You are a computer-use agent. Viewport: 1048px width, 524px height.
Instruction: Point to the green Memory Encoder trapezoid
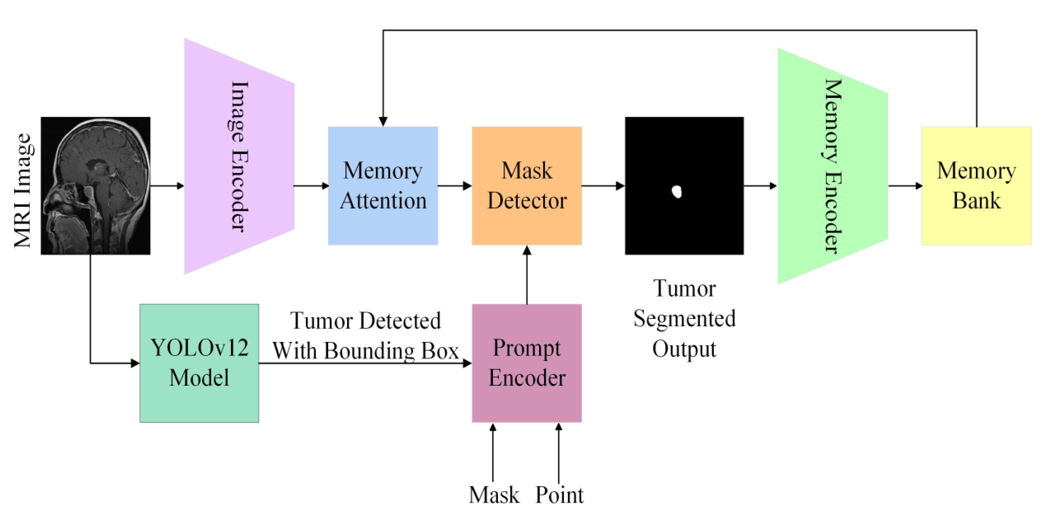click(832, 166)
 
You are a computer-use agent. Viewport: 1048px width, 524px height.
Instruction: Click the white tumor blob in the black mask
click(677, 191)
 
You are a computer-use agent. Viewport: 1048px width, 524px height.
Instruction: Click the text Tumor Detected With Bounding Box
click(365, 336)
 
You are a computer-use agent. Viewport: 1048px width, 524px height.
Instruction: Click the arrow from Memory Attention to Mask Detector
click(454, 186)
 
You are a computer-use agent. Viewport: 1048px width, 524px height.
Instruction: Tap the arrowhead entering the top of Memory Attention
click(383, 121)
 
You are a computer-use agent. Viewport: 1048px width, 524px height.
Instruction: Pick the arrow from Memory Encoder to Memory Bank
click(905, 186)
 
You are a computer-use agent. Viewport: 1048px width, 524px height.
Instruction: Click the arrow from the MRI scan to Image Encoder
click(167, 186)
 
